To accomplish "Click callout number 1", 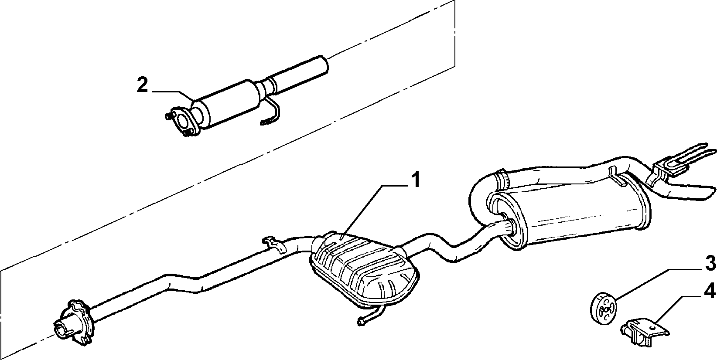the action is (415, 180).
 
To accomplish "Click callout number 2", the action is (143, 85).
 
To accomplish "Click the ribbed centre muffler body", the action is (364, 269).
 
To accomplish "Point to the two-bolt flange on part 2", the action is (182, 122).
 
